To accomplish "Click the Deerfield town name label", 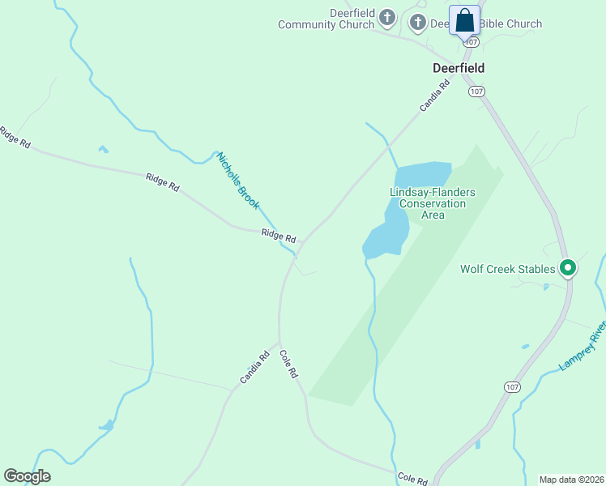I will pyautogui.click(x=459, y=69).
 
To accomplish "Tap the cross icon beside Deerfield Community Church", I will pyautogui.click(x=387, y=17).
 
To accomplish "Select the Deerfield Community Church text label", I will pyautogui.click(x=326, y=19).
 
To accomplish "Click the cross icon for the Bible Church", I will pyautogui.click(x=418, y=22).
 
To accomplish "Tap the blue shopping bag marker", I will pyautogui.click(x=464, y=20).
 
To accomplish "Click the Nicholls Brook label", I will pyautogui.click(x=237, y=180).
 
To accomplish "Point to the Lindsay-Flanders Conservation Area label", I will pyautogui.click(x=433, y=203).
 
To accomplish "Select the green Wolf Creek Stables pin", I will pyautogui.click(x=568, y=267).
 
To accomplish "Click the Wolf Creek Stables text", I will pyautogui.click(x=508, y=269).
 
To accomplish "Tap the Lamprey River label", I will pyautogui.click(x=583, y=345).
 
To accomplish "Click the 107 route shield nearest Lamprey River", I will pyautogui.click(x=511, y=387).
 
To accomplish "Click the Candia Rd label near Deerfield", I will pyautogui.click(x=434, y=96).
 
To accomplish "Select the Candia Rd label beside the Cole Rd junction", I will pyautogui.click(x=254, y=367).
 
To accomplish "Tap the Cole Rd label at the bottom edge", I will pyautogui.click(x=412, y=479).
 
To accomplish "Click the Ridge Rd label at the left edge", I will pyautogui.click(x=15, y=137).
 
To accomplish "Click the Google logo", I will pyautogui.click(x=27, y=476).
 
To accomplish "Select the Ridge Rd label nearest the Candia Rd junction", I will pyautogui.click(x=279, y=235).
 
